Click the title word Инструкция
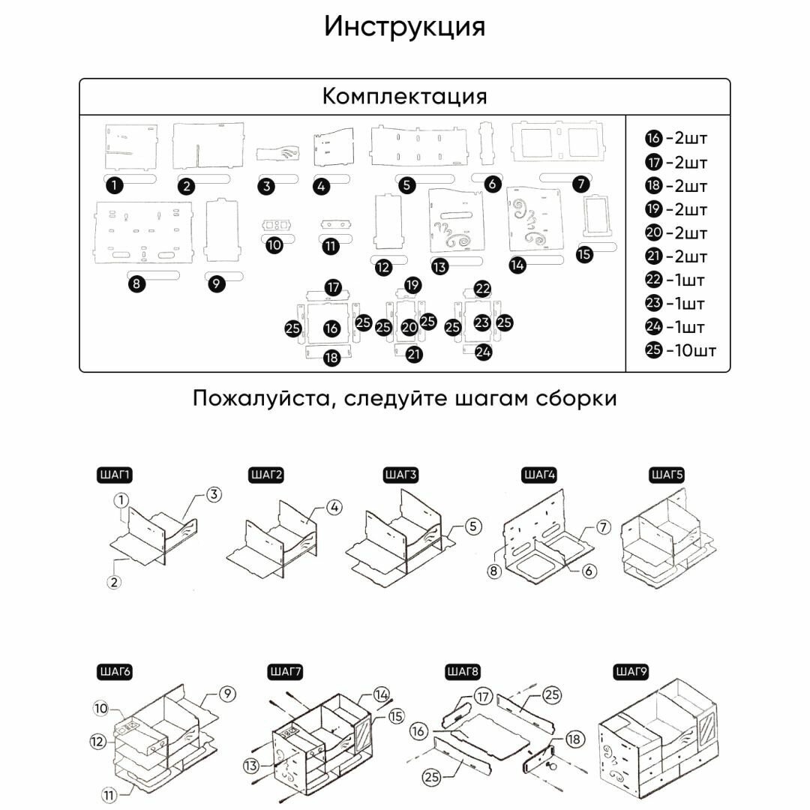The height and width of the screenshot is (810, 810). pyautogui.click(x=405, y=27)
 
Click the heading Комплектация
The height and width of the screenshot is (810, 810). pyautogui.click(x=405, y=97)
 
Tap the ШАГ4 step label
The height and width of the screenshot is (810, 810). pyautogui.click(x=538, y=475)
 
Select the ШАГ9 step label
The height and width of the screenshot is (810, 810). pyautogui.click(x=631, y=670)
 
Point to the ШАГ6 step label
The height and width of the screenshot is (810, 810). pyautogui.click(x=115, y=671)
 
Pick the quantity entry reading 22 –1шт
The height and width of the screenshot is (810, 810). pyautogui.click(x=676, y=280)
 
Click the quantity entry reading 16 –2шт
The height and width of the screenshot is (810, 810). pyautogui.click(x=676, y=138)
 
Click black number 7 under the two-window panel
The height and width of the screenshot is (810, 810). pyautogui.click(x=580, y=183)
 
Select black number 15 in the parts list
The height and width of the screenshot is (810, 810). pyautogui.click(x=585, y=254)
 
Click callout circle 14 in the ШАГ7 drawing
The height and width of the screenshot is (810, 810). pyautogui.click(x=381, y=694)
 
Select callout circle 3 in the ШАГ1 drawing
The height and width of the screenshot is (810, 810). pyautogui.click(x=214, y=495)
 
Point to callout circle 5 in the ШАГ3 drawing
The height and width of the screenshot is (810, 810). pyautogui.click(x=472, y=526)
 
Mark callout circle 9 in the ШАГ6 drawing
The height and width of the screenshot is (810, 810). pyautogui.click(x=226, y=694)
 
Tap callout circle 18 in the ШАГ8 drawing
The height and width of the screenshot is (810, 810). pyautogui.click(x=575, y=739)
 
